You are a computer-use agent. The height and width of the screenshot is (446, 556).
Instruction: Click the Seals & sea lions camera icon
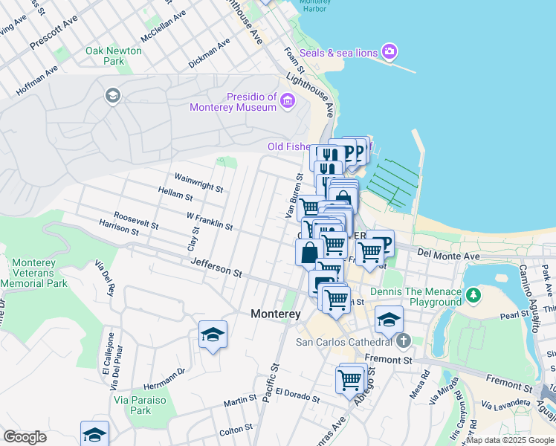coord(389,51)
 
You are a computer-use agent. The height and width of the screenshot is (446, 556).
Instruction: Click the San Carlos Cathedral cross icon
coord(403,342)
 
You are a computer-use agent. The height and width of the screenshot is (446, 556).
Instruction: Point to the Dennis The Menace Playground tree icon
coord(473,297)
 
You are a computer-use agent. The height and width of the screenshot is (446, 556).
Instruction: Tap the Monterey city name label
coord(275,314)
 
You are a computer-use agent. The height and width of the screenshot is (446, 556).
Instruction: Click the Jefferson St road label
coord(216,268)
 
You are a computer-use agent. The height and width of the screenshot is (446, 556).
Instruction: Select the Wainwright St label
coord(198,182)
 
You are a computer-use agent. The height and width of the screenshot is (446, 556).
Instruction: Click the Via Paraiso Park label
coord(131,404)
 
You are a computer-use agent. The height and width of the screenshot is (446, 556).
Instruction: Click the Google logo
coord(25,437)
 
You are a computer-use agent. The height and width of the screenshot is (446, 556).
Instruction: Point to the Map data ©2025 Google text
coord(510,440)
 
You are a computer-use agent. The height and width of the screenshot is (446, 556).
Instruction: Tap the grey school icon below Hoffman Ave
coord(112,95)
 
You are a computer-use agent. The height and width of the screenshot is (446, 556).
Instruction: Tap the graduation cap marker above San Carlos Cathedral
coord(389,320)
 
